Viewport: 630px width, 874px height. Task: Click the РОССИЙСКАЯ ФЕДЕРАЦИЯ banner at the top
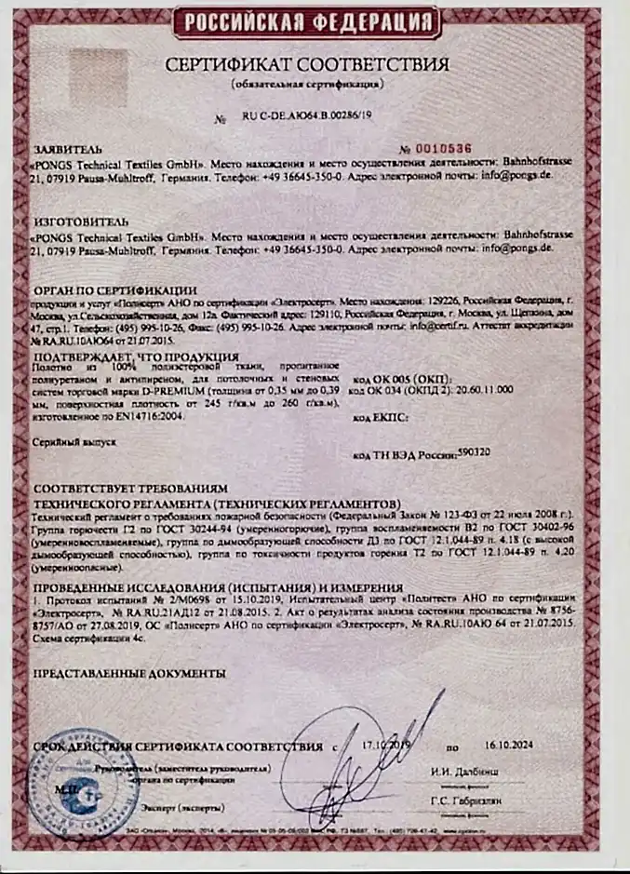pos(307,21)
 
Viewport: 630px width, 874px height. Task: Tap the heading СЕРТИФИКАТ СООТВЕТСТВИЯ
pos(307,65)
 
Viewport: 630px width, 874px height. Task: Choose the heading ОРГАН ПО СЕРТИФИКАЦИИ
pos(114,290)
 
